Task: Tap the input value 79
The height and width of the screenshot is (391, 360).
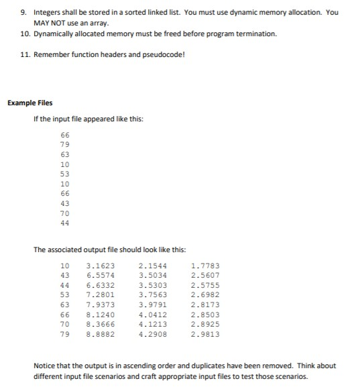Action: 65,144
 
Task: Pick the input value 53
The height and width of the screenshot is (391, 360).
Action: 65,173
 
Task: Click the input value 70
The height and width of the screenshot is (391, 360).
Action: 65,213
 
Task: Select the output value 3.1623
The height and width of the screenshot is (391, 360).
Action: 101,266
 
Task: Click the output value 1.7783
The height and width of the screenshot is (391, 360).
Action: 205,266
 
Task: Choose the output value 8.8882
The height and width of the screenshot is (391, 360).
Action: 101,333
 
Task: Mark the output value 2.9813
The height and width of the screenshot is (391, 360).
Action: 205,333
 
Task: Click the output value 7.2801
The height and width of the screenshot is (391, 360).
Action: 101,294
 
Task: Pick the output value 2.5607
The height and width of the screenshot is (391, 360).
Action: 205,275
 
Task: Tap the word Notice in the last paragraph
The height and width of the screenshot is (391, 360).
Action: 44,366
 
